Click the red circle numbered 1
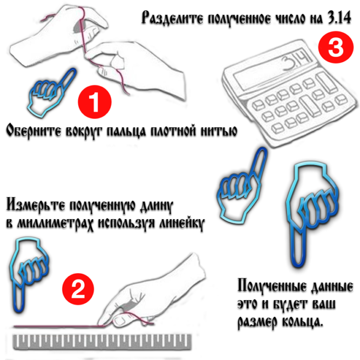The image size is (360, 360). (x=94, y=101)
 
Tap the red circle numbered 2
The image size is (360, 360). (x=78, y=289)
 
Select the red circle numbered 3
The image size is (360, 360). (x=336, y=47)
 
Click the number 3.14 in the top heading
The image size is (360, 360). (x=339, y=18)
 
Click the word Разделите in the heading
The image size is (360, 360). (x=172, y=18)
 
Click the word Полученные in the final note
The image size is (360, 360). (x=272, y=286)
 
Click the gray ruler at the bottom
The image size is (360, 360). (x=102, y=343)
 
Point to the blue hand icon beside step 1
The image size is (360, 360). (x=51, y=92)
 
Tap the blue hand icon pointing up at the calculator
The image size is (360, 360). (x=242, y=186)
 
